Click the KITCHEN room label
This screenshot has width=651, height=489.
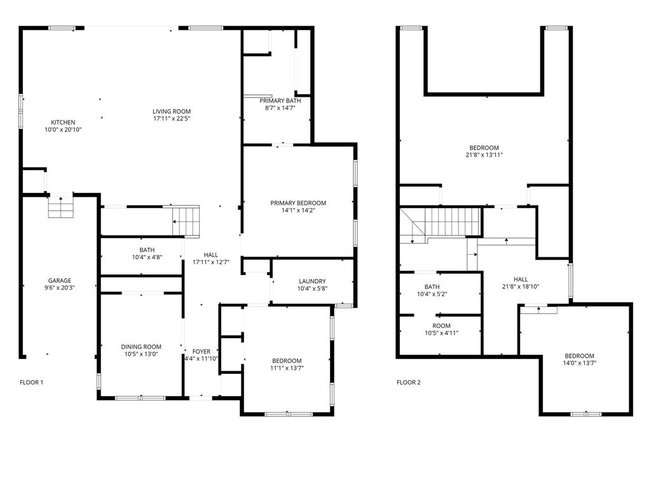tap(63, 122)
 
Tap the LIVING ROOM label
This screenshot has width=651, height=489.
tap(172, 111)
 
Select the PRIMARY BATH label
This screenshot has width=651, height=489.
tap(280, 101)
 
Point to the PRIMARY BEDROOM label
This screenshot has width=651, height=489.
tap(298, 203)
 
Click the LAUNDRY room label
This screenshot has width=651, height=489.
tap(312, 281)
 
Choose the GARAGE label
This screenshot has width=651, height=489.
tap(60, 281)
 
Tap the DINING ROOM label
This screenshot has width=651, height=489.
tap(141, 347)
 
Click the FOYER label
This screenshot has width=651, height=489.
tap(201, 351)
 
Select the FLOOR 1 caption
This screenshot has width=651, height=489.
tap(32, 383)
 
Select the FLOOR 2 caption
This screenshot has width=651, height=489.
tap(409, 383)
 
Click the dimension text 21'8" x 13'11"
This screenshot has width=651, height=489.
tap(484, 155)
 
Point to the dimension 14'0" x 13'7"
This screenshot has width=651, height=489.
tap(579, 363)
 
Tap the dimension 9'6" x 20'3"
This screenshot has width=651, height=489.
tap(60, 288)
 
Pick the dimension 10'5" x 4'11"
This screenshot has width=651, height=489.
tap(441, 333)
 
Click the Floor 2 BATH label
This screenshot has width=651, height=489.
tap(432, 287)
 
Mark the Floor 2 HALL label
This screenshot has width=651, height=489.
tap(521, 279)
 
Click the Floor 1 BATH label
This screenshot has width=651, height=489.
tap(147, 250)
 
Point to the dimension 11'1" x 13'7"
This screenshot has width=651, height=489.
tap(287, 368)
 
